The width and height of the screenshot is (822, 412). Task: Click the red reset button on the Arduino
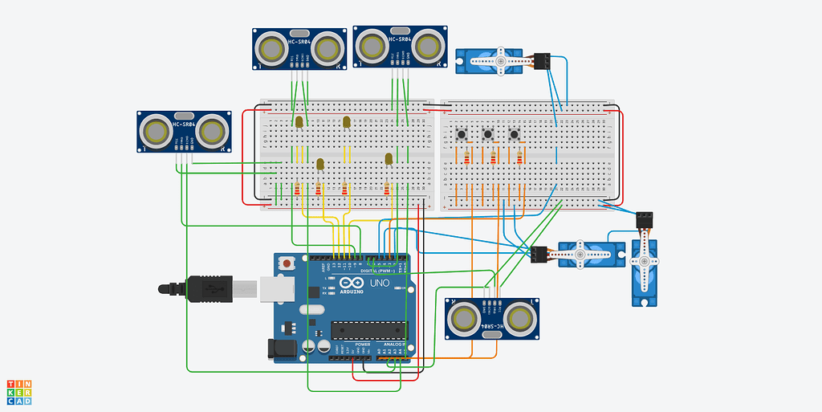(287, 263)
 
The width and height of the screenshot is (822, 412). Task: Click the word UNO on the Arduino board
(379, 284)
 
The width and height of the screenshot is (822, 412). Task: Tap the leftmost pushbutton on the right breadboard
(462, 133)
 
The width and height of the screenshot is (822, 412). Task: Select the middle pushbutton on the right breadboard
(488, 133)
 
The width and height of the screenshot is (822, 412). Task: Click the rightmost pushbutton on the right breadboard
(514, 133)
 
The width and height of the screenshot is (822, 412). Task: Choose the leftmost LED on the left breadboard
(299, 121)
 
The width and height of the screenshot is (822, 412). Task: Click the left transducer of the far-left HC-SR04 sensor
(154, 131)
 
